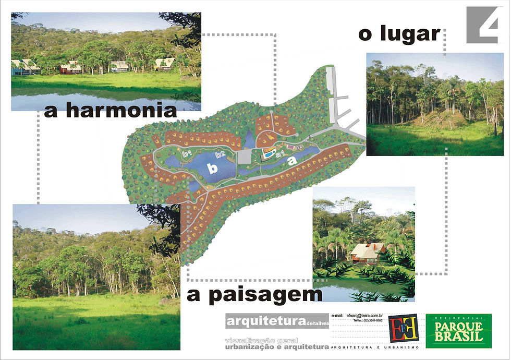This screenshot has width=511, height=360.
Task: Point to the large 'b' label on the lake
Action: tap(212, 168)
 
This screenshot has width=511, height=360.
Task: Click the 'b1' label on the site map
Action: tap(187, 154)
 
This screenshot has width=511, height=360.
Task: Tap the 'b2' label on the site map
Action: tap(220, 154)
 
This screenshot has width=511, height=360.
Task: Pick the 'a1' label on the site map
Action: tap(279, 154)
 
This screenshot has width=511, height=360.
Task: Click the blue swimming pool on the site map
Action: tap(267, 155)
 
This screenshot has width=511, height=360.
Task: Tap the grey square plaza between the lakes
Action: tap(244, 157)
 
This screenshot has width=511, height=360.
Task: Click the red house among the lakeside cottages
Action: tap(69, 68)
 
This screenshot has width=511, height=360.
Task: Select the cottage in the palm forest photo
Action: tap(368, 253)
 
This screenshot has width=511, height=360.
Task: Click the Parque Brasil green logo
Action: tap(458, 331)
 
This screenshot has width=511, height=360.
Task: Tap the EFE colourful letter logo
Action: tap(404, 329)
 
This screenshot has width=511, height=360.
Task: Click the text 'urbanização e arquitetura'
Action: tap(277, 346)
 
